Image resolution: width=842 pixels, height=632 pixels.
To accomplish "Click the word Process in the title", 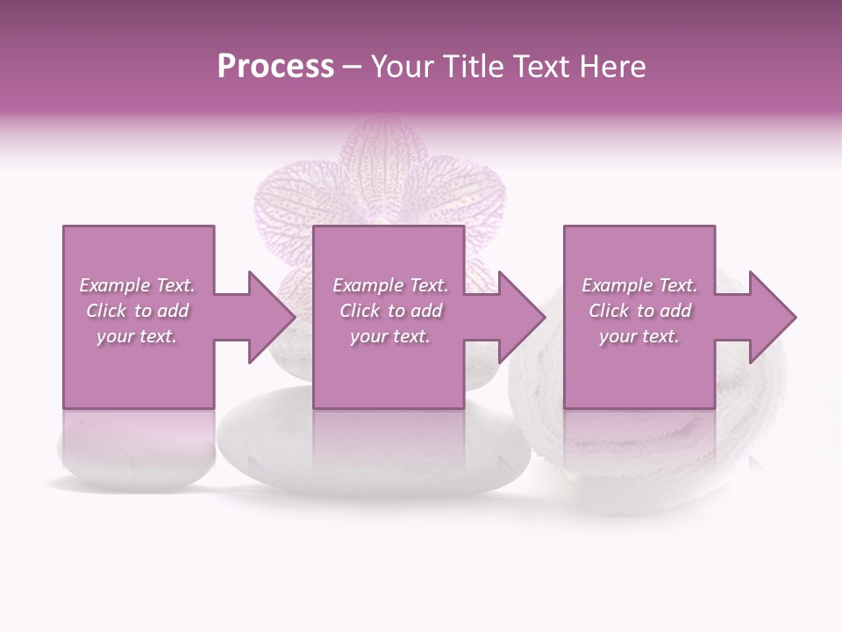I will [x=275, y=67].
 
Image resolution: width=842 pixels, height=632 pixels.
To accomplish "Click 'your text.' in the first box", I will [x=137, y=336].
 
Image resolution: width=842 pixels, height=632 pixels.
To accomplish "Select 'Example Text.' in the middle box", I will [x=390, y=285].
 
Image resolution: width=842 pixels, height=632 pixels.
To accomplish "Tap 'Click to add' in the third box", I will [x=639, y=311].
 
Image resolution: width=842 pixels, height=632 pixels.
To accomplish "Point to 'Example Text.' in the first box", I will [x=137, y=285].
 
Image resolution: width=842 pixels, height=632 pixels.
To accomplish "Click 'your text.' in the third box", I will [x=639, y=336].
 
